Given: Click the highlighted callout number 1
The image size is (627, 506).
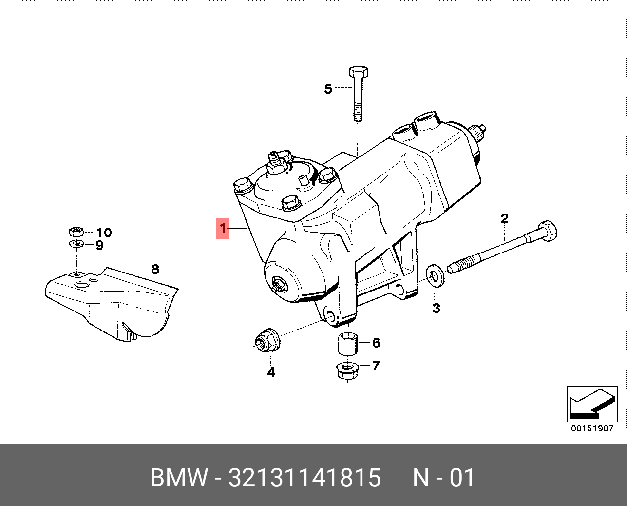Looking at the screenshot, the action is (223, 229).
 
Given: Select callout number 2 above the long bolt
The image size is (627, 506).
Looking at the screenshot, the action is (504, 219).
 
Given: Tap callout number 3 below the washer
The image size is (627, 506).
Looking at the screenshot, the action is (436, 308).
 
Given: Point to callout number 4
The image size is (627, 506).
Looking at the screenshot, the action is (271, 372).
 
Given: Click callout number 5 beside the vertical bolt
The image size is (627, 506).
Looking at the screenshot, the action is (328, 89).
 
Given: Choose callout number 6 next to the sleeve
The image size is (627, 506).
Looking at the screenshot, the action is (376, 343).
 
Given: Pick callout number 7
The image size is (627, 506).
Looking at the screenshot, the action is (376, 366).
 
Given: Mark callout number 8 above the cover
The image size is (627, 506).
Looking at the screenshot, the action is (155, 269).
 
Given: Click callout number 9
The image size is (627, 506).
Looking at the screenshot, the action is (99, 245).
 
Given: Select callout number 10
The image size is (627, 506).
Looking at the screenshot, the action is (104, 233).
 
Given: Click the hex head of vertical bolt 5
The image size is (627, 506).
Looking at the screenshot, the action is (359, 72).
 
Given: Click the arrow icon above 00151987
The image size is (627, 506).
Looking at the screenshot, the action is (591, 404).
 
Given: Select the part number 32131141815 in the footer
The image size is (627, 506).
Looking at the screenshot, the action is (304, 478).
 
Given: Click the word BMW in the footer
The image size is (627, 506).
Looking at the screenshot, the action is (179, 478).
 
